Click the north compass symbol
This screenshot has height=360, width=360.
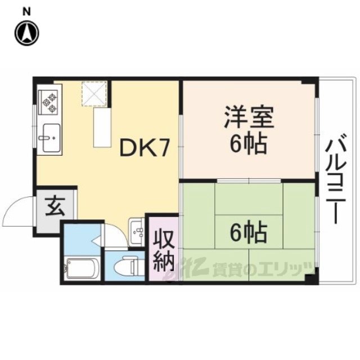click(27, 33)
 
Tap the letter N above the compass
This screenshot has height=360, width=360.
click(27, 12)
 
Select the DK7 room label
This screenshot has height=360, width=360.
click(145, 148)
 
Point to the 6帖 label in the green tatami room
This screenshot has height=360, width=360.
click(249, 232)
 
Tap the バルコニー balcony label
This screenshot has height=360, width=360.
click(336, 178)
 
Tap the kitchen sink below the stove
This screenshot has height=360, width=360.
click(52, 138)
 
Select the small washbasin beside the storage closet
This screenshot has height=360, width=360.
click(137, 232)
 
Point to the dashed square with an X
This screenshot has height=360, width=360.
click(94, 94)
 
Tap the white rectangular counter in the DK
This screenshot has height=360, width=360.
click(102, 128)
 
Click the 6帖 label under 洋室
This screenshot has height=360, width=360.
click(249, 144)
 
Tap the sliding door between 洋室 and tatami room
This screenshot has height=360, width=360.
click(249, 181)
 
